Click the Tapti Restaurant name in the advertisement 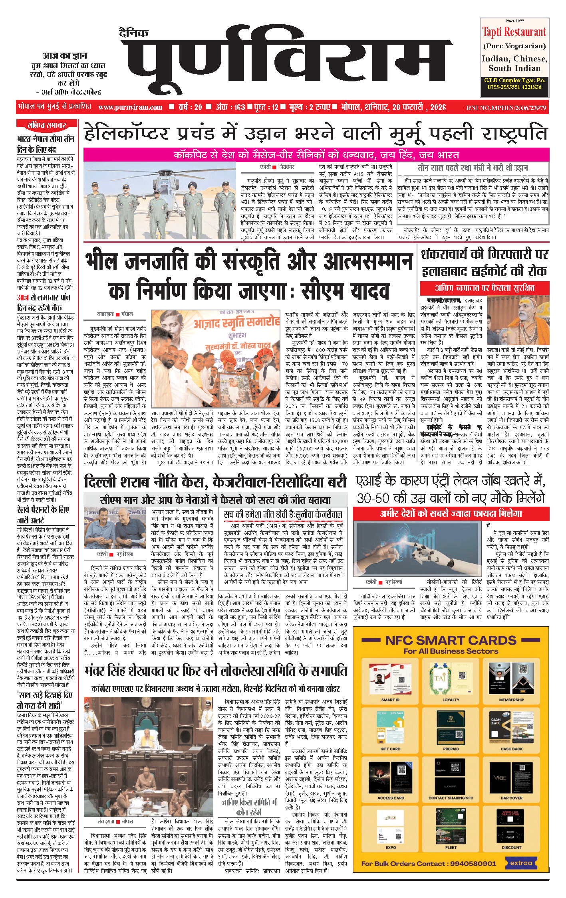(514, 32)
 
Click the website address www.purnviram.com (130, 107)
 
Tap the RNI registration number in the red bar (506, 108)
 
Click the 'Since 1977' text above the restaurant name (514, 21)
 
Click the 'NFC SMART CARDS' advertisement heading (451, 641)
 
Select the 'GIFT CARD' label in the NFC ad (390, 749)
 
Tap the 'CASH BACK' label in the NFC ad (511, 749)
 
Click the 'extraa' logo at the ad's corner (521, 863)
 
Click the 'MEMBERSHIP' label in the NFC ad (511, 700)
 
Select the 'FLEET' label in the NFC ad (451, 847)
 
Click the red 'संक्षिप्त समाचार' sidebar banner (47, 125)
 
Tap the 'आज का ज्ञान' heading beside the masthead (65, 56)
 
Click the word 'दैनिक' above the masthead (134, 33)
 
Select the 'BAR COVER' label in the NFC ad (511, 798)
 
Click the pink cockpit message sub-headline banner (316, 155)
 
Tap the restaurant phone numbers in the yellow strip (514, 87)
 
